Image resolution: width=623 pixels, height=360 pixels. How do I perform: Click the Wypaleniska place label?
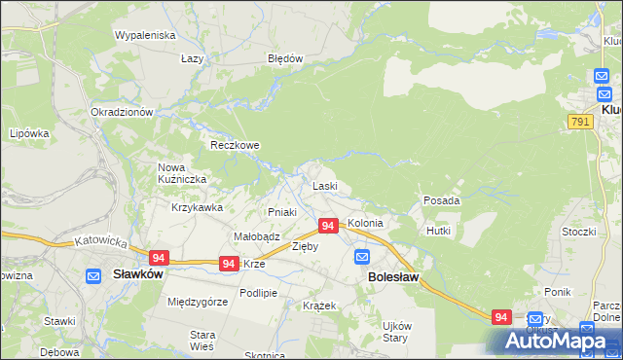coord(144,35)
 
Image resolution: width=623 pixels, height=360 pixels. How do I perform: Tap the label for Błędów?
coord(286,58)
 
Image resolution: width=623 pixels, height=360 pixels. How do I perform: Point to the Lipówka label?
coord(29,133)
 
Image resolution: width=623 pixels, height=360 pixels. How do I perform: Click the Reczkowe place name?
coord(236,145)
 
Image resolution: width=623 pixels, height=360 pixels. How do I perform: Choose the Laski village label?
coord(324,186)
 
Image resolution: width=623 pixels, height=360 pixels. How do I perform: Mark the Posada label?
coord(441,200)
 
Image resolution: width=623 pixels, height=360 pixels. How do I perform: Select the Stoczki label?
coord(578,232)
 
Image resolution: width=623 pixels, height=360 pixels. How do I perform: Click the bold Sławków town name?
coord(136,274)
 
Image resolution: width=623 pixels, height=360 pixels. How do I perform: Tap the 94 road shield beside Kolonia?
coord(328,226)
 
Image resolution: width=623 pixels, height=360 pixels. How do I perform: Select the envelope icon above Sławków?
coord(94,275)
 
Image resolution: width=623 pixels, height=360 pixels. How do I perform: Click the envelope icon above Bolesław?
coord(362,257)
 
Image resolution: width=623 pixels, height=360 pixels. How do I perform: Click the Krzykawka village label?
coord(198,207)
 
